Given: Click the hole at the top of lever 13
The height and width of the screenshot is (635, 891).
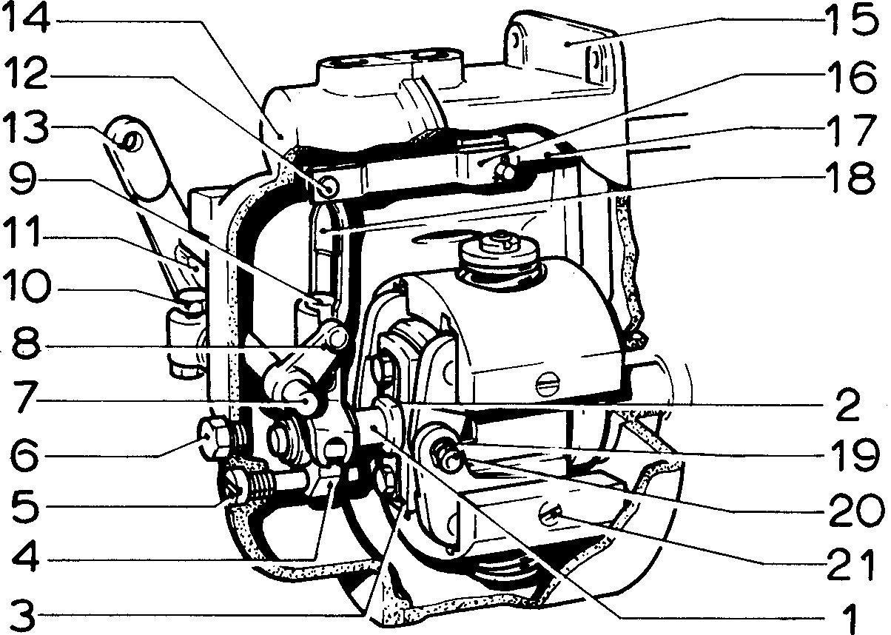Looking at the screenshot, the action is point(132,139).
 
